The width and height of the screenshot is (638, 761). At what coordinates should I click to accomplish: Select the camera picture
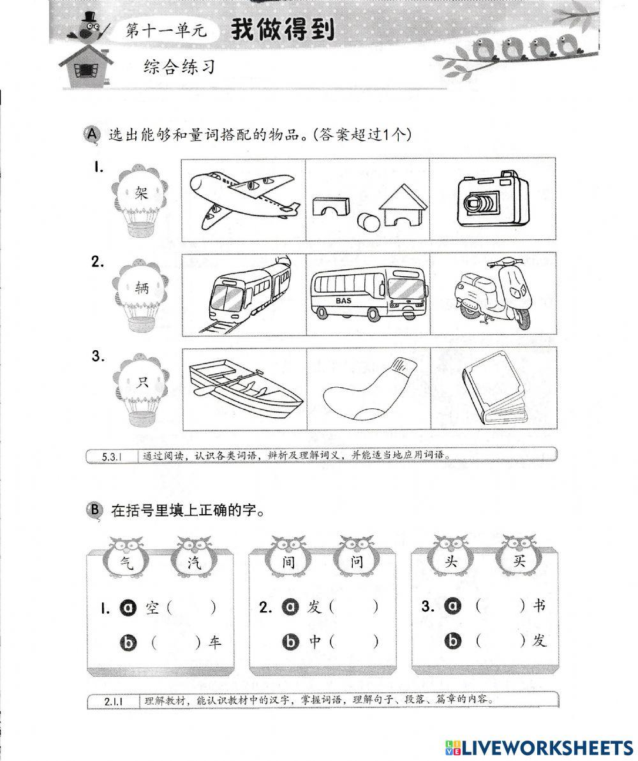pyautogui.click(x=493, y=200)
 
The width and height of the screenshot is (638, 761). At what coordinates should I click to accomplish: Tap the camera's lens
pyautogui.click(x=479, y=203)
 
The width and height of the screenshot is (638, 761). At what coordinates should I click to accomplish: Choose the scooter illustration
pyautogui.click(x=493, y=292)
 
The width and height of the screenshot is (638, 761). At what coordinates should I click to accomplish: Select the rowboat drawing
pyautogui.click(x=244, y=387)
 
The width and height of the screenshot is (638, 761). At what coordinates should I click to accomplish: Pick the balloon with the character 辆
pyautogui.click(x=142, y=288)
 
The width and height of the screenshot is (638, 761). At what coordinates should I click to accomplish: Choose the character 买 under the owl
pyautogui.click(x=519, y=563)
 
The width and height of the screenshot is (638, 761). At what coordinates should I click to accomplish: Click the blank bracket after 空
pyautogui.click(x=191, y=607)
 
